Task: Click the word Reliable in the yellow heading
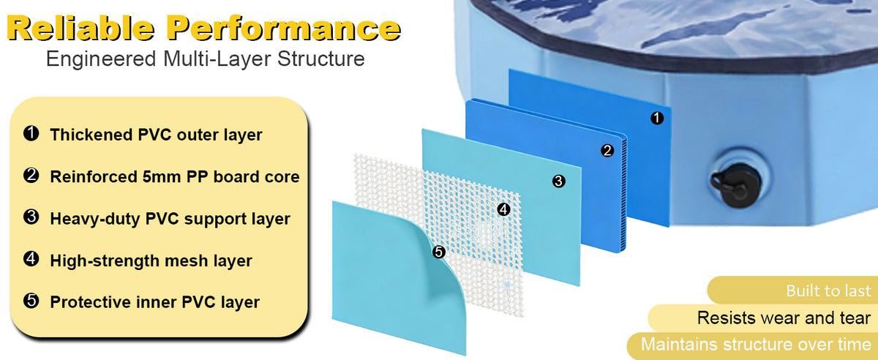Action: tap(80, 28)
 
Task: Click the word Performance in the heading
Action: tap(284, 28)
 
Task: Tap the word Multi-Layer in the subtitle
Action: tap(217, 59)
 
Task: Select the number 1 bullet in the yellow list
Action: tap(31, 133)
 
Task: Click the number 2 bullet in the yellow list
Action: tap(31, 176)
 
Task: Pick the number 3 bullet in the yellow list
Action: tap(31, 217)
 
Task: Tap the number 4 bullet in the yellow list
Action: tap(31, 259)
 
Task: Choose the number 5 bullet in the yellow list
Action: tap(31, 301)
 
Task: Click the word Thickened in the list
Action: tap(91, 135)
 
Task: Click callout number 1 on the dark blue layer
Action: tap(657, 118)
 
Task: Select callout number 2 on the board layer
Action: tap(607, 151)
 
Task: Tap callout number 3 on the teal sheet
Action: tap(558, 181)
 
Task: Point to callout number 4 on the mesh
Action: tap(503, 209)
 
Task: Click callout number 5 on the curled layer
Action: tap(438, 252)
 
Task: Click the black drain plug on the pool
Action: tap(736, 184)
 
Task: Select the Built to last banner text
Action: tap(828, 291)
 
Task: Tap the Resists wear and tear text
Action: tap(784, 318)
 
